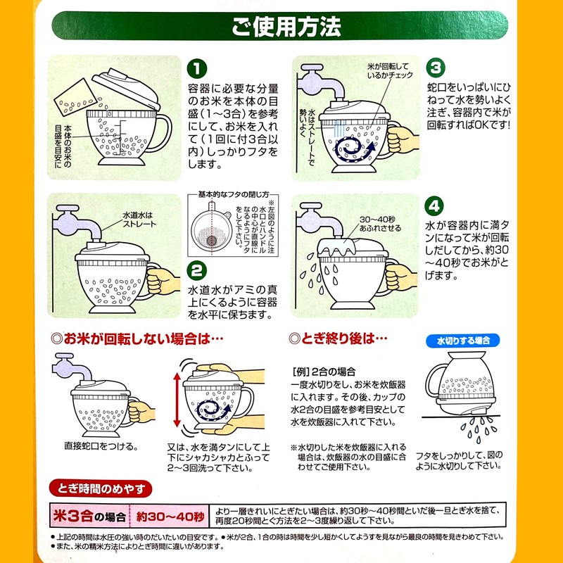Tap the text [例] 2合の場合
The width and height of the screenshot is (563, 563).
pos(323,370)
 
